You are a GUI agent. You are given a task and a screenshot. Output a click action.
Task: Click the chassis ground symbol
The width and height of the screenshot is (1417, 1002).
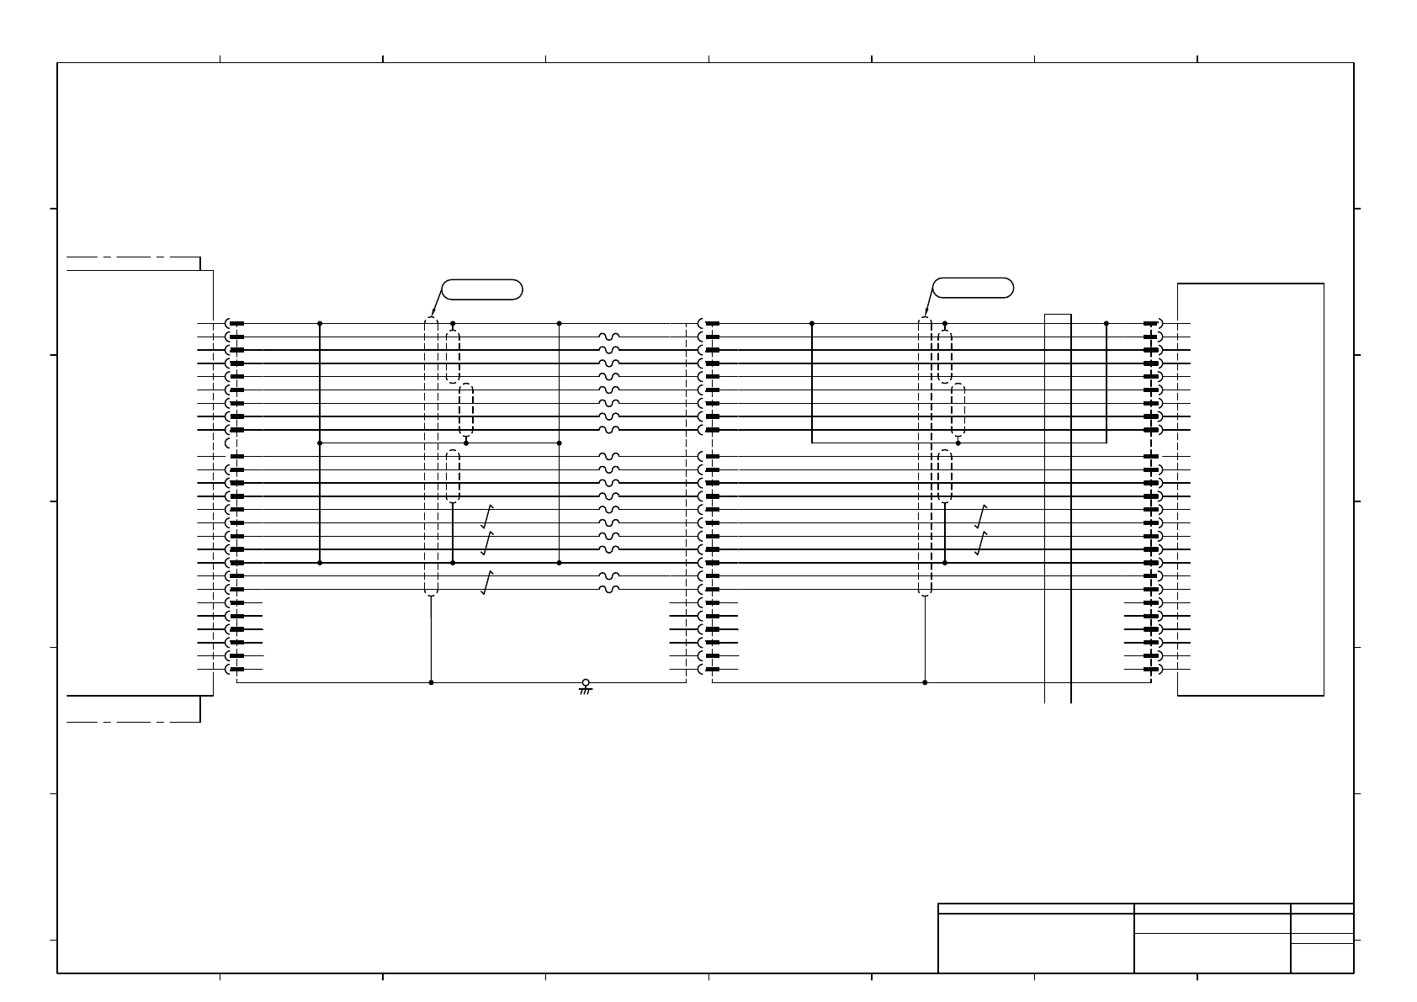586,687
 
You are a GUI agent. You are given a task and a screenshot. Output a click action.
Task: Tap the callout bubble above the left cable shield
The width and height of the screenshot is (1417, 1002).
482,289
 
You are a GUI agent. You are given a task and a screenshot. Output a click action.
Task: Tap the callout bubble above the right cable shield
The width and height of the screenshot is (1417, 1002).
974,288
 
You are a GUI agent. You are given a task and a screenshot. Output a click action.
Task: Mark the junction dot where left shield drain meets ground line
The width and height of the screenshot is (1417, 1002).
432,682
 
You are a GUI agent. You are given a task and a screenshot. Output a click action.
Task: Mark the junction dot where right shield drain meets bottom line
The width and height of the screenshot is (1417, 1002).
925,682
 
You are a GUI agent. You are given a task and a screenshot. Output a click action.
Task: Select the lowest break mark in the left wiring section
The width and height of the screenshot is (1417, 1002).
486,582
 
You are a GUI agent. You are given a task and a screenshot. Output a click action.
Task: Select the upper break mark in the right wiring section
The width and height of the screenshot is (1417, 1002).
980,516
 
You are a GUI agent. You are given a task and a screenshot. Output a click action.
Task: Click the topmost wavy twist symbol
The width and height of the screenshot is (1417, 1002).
609,337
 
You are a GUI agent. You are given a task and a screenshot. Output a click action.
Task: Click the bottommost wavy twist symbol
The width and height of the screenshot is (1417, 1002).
609,589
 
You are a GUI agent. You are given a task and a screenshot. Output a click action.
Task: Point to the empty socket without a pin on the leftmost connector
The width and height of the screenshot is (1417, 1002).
229,443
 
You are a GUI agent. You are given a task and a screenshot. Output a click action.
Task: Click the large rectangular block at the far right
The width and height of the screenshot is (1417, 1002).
1250,490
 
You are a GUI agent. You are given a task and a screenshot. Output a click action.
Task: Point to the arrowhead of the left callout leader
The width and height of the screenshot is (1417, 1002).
433,315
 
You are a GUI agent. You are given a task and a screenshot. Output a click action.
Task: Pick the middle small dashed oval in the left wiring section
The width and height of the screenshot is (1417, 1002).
466,410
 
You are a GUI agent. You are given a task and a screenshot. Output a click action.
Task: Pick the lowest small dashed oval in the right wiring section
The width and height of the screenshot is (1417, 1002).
945,476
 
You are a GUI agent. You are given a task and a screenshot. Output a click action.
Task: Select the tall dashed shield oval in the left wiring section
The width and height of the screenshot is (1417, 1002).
432,456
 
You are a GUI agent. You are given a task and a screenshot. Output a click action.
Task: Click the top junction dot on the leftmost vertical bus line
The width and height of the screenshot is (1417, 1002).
320,323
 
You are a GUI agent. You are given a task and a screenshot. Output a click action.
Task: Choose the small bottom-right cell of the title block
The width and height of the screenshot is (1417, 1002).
1322,958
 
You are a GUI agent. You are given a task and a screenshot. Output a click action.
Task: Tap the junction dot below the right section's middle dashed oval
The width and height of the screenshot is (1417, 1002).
958,443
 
